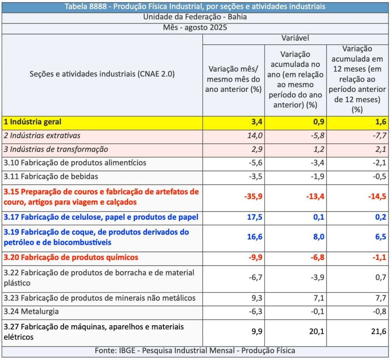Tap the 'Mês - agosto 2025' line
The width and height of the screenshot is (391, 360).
click(195, 28)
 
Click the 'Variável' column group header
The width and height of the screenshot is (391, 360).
click(295, 38)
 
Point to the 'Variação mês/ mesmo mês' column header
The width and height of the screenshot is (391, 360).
click(233, 79)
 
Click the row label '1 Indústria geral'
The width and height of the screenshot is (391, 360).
click(32, 122)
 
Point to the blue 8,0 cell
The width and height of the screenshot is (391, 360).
click(318, 237)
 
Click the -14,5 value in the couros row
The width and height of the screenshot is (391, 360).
click(377, 197)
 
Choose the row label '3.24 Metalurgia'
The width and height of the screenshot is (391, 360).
click(31, 312)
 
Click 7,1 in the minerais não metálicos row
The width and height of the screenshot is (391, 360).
click(318, 298)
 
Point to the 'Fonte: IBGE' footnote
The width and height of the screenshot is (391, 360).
click(195, 351)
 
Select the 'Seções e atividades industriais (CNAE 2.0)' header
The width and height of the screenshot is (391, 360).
click(102, 74)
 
